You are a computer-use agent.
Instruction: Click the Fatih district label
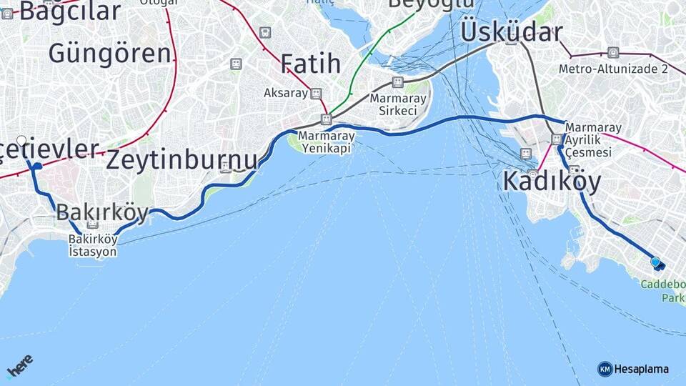click(x=310, y=64)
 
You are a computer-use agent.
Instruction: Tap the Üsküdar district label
click(x=511, y=31)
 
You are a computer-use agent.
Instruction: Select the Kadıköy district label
click(x=552, y=182)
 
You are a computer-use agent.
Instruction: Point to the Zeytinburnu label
click(x=182, y=159)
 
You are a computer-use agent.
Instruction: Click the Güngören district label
click(x=110, y=53)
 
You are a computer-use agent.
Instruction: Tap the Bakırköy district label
click(x=102, y=212)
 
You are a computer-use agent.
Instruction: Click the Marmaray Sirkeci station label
click(x=393, y=104)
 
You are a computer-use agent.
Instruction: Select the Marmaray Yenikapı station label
click(x=325, y=142)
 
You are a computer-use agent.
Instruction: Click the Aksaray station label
click(x=285, y=93)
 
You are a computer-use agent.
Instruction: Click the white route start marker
click(x=21, y=141)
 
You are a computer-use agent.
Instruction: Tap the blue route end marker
click(x=656, y=263)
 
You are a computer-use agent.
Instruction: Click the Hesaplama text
click(x=642, y=369)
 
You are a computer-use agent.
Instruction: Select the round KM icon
click(x=605, y=369)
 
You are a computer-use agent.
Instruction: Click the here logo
click(x=20, y=367)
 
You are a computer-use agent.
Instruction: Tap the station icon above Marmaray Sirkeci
click(x=398, y=82)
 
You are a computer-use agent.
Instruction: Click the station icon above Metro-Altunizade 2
click(x=613, y=52)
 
